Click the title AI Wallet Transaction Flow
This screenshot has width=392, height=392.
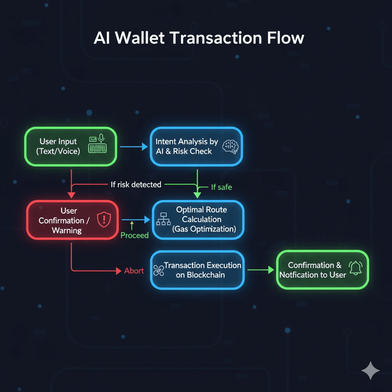[x=198, y=38]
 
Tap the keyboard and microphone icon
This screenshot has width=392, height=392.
[x=98, y=144]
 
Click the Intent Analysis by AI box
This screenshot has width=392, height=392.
[x=196, y=146]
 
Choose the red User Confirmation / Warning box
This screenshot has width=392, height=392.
[x=71, y=220]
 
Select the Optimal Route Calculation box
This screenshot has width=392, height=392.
[x=197, y=219]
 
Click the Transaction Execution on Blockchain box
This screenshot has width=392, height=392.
[x=197, y=270]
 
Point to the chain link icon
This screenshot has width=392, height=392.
[x=158, y=270]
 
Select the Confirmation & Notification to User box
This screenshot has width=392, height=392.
[x=322, y=270]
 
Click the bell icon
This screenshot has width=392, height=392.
[x=355, y=268]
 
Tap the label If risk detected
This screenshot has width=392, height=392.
[x=136, y=184]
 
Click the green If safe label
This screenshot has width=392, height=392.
[x=221, y=187]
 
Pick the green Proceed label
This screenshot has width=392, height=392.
[x=134, y=235]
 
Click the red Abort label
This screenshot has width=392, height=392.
[x=134, y=271]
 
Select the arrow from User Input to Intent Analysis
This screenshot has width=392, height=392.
[x=134, y=147]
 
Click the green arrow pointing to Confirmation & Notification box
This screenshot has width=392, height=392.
[x=261, y=270]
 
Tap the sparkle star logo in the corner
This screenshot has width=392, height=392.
[x=370, y=371]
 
